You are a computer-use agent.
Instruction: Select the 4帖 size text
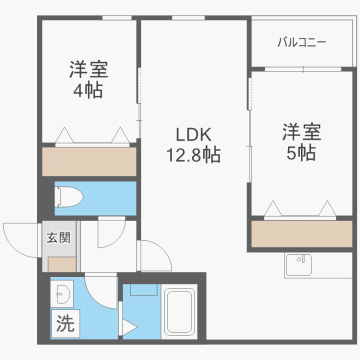(x=89, y=91)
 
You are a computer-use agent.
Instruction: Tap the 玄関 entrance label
(x=58, y=238)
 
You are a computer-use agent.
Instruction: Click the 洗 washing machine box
(x=64, y=323)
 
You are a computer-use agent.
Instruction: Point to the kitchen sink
(x=299, y=265)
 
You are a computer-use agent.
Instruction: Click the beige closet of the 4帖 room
(x=88, y=160)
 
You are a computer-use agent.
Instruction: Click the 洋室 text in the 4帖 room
(x=89, y=69)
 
